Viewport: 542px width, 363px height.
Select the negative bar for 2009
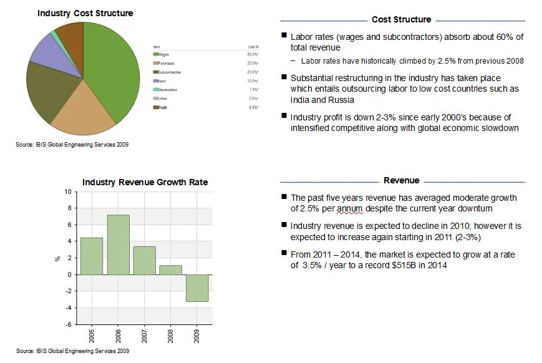tap(197, 288)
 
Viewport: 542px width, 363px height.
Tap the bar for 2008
tap(171, 269)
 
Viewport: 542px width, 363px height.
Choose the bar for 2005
tap(92, 256)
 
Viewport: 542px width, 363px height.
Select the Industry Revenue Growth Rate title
tap(145, 182)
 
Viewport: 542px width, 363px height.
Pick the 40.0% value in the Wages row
tap(253, 55)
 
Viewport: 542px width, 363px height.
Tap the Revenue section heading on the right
tap(401, 180)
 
